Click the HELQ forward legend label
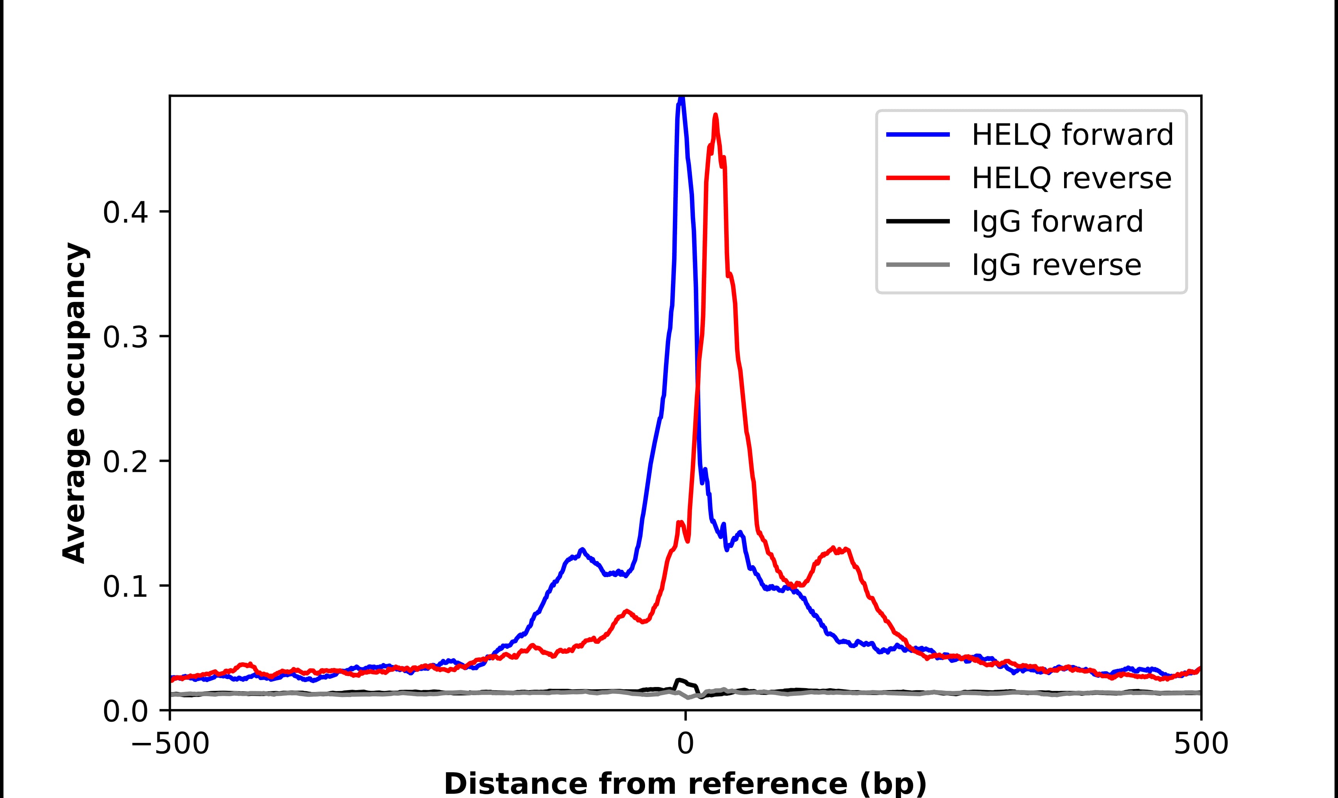[x=1072, y=135]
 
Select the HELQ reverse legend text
[x=1071, y=178]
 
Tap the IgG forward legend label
[x=1057, y=222]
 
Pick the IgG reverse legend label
[x=1056, y=265]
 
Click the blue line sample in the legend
[x=918, y=135]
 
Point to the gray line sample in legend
[x=918, y=264]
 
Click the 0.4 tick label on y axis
[x=125, y=212]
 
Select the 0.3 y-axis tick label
[x=125, y=337]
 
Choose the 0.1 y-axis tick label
[x=125, y=587]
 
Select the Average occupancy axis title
[x=74, y=403]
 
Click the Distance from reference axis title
[x=685, y=784]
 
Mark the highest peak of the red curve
[x=715, y=115]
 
